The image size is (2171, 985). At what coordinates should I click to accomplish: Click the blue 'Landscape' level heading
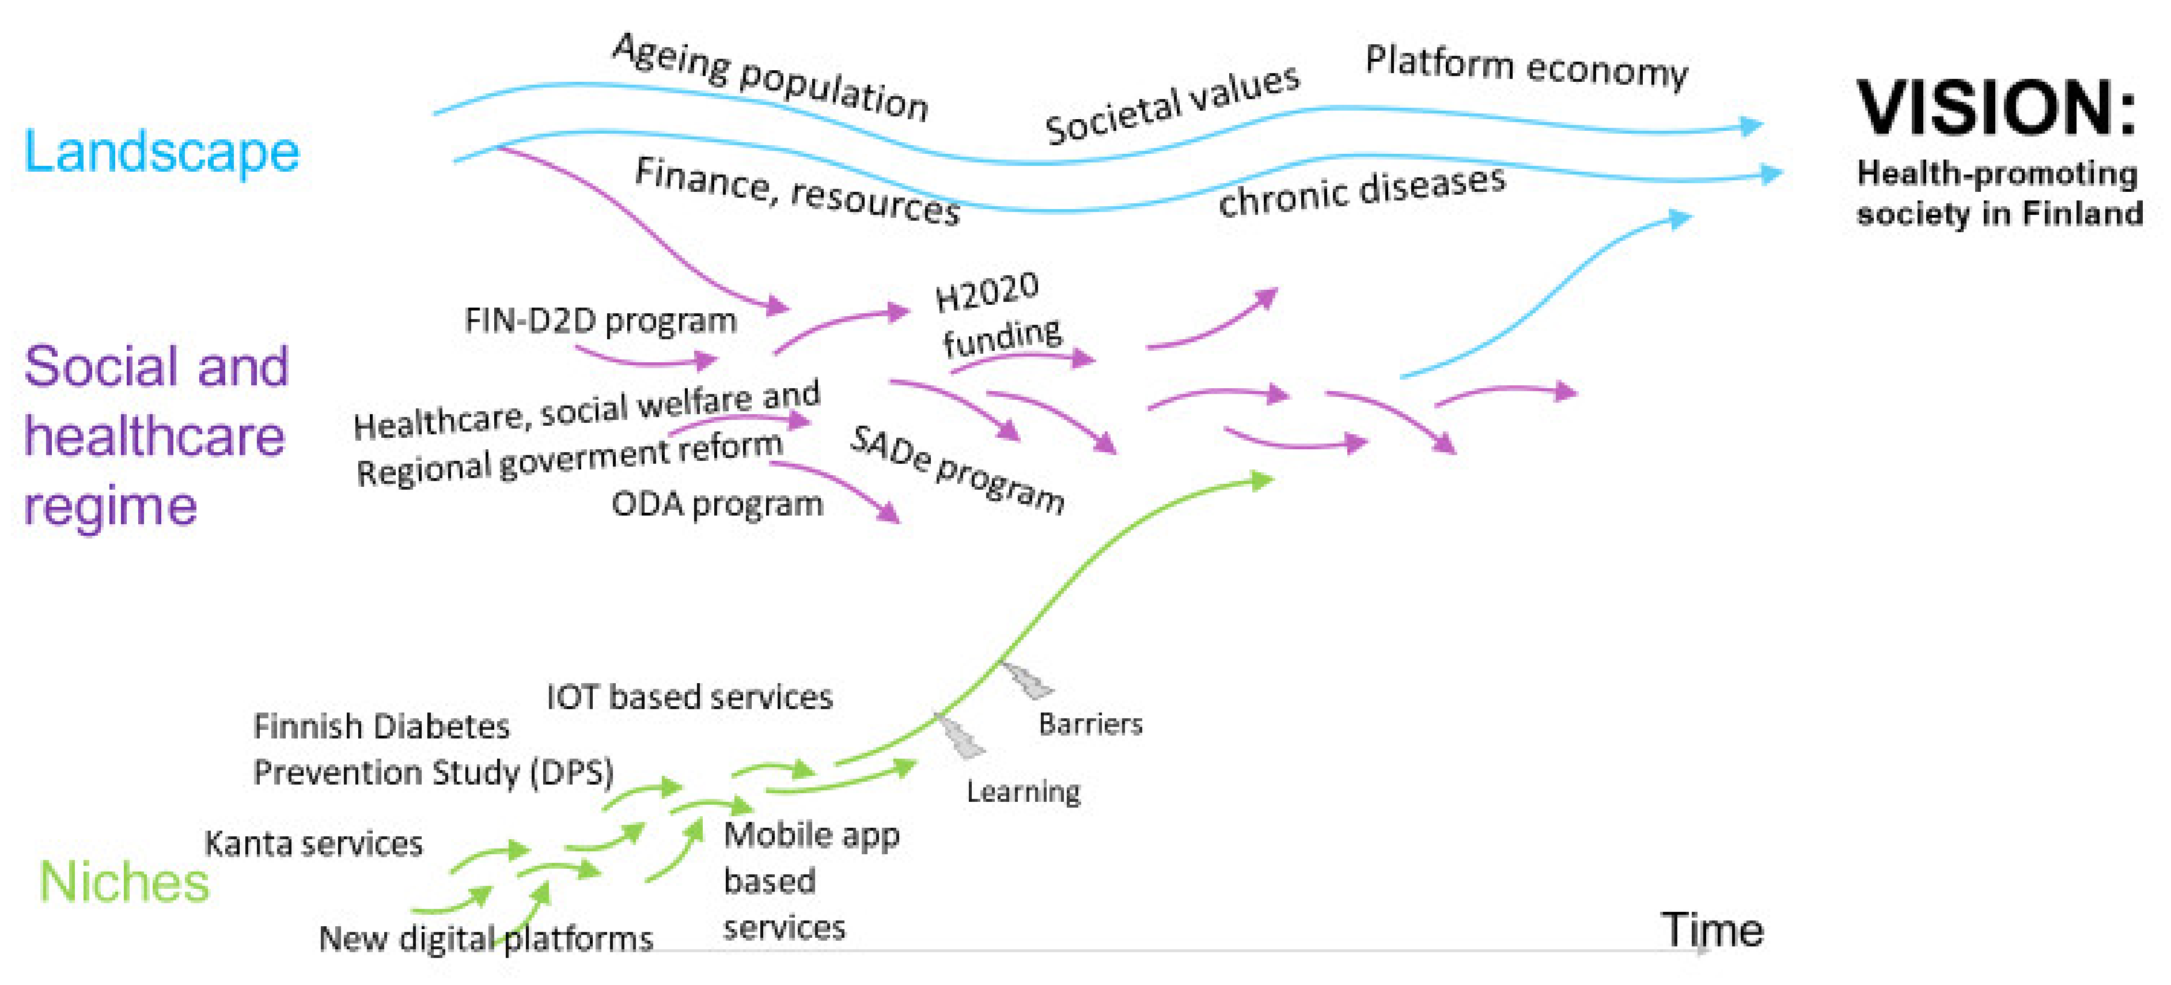pos(161,151)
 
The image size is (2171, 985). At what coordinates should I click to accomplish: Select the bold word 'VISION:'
pos(1996,108)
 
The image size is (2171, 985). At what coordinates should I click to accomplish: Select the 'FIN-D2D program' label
pos(601,320)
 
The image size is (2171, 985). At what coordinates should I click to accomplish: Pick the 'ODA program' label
pos(717,504)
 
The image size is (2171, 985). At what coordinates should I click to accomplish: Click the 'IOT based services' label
pos(689,697)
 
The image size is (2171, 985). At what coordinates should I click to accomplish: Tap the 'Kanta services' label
pos(313,843)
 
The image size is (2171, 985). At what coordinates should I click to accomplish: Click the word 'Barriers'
pos(1090,724)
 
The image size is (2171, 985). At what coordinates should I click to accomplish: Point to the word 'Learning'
pos(1023,791)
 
